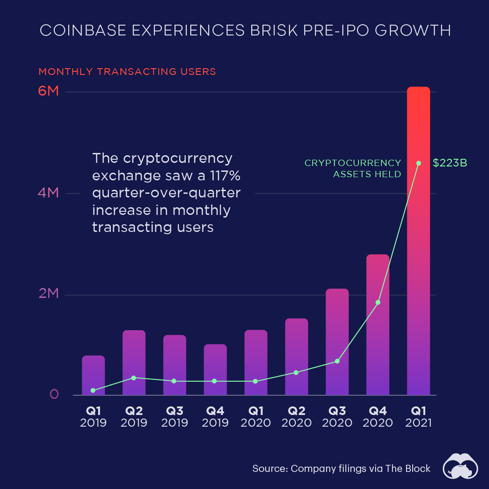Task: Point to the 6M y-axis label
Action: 48,91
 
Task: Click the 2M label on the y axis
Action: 48,294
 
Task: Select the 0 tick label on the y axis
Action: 54,394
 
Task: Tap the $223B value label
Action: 450,163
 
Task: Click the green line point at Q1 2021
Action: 419,163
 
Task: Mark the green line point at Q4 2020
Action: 378,302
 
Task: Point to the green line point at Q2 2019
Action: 134,378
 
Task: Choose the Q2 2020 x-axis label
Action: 297,417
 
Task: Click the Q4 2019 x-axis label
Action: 215,417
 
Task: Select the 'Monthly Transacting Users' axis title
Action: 127,72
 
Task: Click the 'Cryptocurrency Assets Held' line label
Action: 353,168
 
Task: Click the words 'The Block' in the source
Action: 409,469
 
